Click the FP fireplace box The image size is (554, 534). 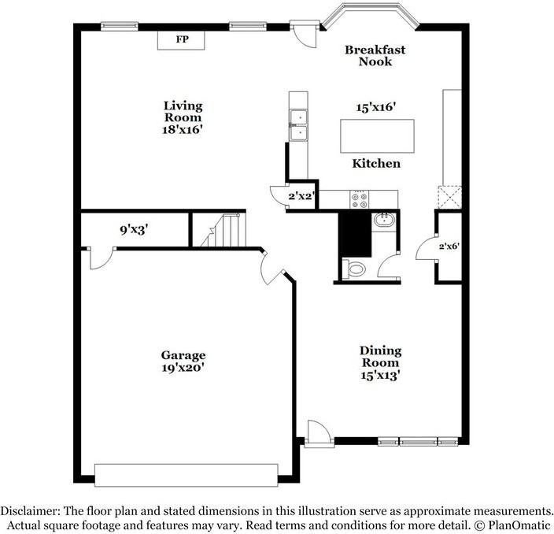[181, 39]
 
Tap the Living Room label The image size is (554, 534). [183, 111]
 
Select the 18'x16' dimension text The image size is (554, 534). [183, 130]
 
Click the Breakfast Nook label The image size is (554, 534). [375, 55]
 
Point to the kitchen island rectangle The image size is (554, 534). [377, 135]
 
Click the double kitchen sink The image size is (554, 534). [299, 125]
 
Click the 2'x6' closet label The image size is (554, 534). [449, 247]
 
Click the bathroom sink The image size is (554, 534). [383, 220]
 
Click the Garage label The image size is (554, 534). [183, 355]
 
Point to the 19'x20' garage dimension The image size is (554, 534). [183, 367]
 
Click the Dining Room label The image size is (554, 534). [381, 357]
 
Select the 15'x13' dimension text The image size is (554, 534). [381, 376]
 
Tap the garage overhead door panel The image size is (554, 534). [186, 474]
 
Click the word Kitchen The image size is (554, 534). [376, 164]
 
